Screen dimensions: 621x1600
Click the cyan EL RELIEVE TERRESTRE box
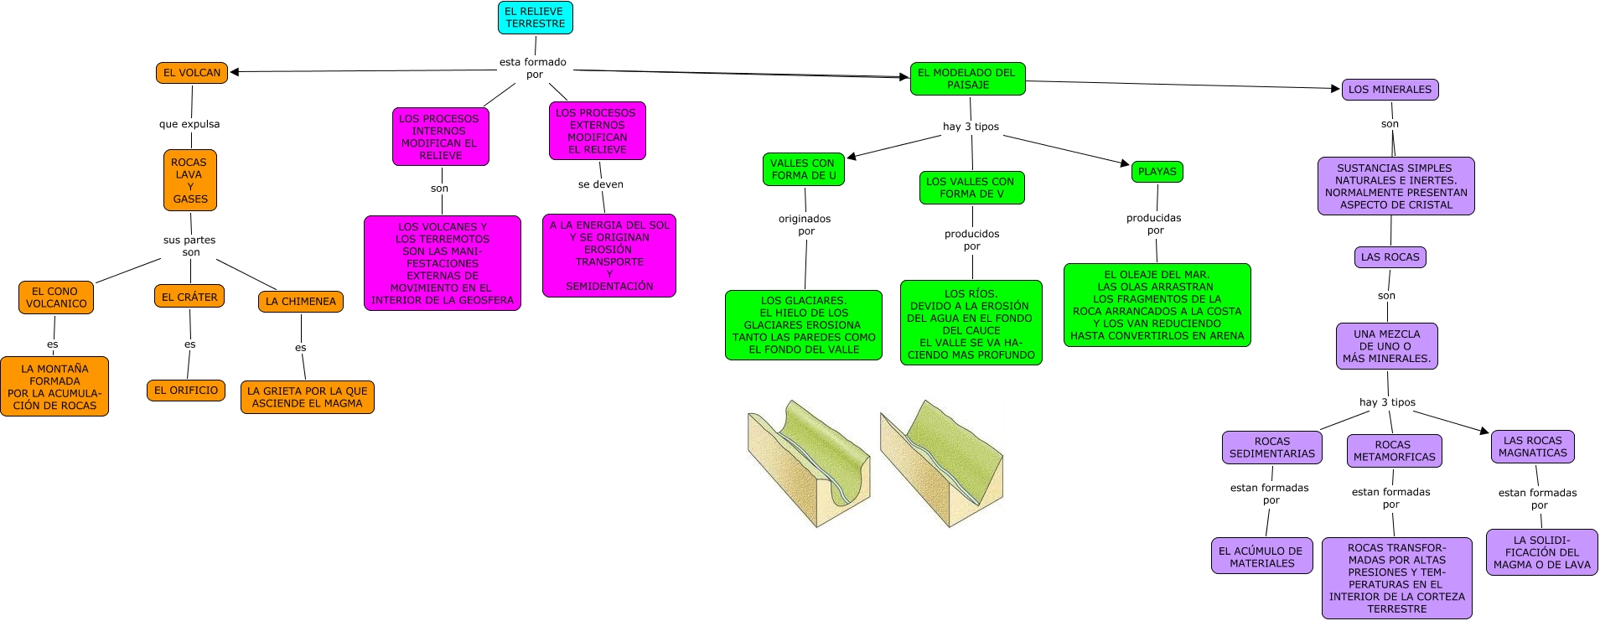pyautogui.click(x=535, y=18)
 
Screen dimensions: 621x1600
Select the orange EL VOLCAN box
pyautogui.click(x=192, y=73)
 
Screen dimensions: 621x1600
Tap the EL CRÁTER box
pyautogui.click(x=189, y=297)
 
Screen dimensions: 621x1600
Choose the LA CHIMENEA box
pyautogui.click(x=300, y=302)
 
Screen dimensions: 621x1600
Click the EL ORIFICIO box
pyautogui.click(x=186, y=391)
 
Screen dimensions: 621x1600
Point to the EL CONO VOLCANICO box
pyautogui.click(x=56, y=298)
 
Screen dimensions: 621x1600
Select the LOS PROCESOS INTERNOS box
pyautogui.click(x=440, y=137)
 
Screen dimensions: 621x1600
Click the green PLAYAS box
pyautogui.click(x=1157, y=172)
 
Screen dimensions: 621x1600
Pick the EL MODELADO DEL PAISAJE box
pyautogui.click(x=967, y=79)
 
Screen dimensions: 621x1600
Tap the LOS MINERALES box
pyautogui.click(x=1390, y=90)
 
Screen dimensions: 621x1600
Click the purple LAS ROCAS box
pyautogui.click(x=1390, y=257)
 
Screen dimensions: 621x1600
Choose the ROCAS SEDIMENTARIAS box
pyautogui.click(x=1271, y=448)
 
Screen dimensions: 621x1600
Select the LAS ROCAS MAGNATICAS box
pyautogui.click(x=1532, y=447)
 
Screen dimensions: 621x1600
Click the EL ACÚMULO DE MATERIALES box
pyautogui.click(x=1261, y=556)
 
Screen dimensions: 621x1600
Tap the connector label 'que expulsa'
pyautogui.click(x=189, y=124)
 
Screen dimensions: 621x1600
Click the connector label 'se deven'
pyautogui.click(x=600, y=184)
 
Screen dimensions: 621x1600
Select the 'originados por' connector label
pyautogui.click(x=805, y=225)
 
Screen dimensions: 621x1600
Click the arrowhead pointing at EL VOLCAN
pyautogui.click(x=236, y=72)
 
